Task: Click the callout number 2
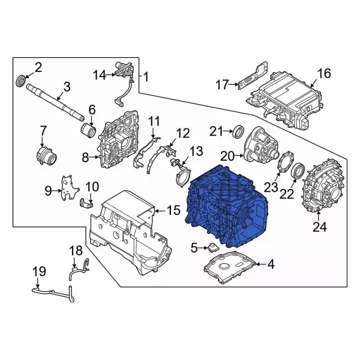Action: click(x=38, y=68)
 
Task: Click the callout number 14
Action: click(x=100, y=74)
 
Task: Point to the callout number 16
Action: click(x=325, y=73)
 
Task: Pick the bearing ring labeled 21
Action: click(x=238, y=132)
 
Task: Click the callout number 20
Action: click(x=227, y=155)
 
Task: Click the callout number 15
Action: click(x=173, y=211)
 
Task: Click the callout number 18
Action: click(x=75, y=250)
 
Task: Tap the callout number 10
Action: click(x=92, y=186)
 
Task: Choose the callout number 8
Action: click(x=85, y=158)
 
